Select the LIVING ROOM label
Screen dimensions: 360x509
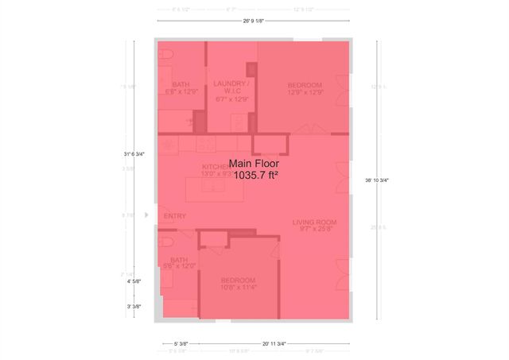point(314,222)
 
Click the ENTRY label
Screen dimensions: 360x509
point(174,216)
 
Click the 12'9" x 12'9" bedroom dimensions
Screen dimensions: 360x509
point(305,92)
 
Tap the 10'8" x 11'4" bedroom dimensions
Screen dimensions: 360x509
point(238,288)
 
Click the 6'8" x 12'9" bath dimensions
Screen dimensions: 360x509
point(181,92)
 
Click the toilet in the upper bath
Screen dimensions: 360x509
point(165,57)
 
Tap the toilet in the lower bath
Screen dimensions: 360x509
point(165,241)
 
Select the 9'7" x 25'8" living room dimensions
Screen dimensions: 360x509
point(314,230)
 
